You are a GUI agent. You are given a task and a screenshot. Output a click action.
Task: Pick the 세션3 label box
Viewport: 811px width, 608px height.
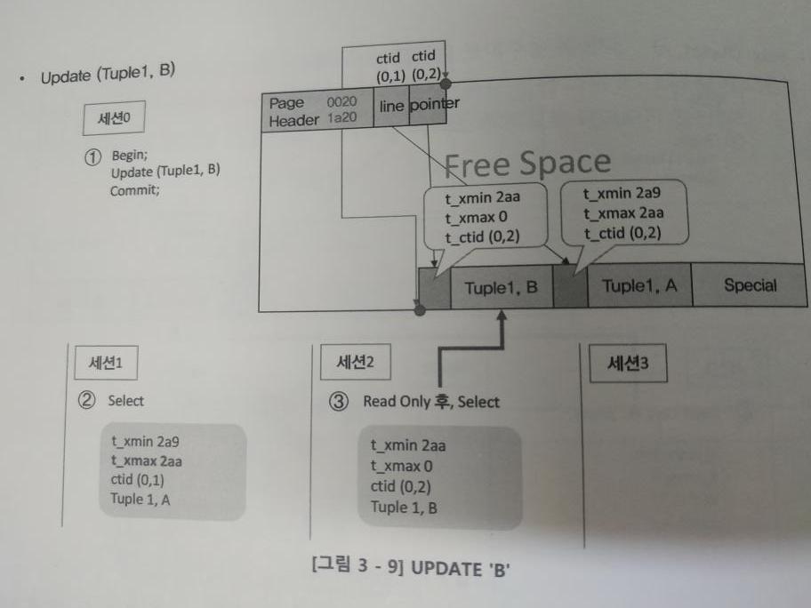point(628,364)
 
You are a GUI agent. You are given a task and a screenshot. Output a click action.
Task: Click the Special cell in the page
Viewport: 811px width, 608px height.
point(749,286)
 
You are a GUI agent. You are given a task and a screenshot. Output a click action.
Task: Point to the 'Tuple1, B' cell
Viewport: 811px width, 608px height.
point(501,288)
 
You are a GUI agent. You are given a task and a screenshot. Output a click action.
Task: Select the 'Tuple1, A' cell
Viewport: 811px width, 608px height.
point(638,286)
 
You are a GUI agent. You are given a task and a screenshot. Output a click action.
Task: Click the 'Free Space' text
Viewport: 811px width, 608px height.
point(526,163)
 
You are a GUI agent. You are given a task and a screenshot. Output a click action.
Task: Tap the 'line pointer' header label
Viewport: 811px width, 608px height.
point(419,105)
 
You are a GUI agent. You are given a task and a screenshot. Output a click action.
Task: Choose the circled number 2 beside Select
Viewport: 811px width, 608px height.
point(87,401)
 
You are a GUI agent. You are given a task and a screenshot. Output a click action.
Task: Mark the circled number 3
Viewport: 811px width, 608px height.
point(338,402)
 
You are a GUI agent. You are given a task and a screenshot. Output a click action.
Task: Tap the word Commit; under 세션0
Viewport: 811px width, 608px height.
point(135,189)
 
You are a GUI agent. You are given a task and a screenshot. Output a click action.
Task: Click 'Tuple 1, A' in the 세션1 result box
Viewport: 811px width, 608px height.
point(140,500)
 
